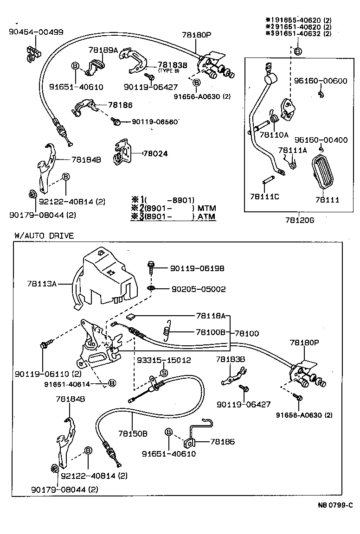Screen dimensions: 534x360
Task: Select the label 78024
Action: tap(155, 153)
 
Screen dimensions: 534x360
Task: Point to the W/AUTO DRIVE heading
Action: tap(44, 235)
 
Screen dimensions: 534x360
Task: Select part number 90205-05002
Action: tap(198, 289)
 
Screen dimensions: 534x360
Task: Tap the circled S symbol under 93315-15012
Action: tap(163, 373)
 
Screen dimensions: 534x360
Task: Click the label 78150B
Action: tap(133, 433)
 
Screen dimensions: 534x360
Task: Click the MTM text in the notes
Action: tap(206, 208)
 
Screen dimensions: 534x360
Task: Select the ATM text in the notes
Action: tap(206, 216)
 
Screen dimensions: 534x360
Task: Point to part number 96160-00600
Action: tap(320, 81)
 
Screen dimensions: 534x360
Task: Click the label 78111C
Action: tap(264, 197)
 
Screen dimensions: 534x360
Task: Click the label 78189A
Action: tap(103, 50)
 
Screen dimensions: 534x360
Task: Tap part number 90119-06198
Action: tap(197, 268)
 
